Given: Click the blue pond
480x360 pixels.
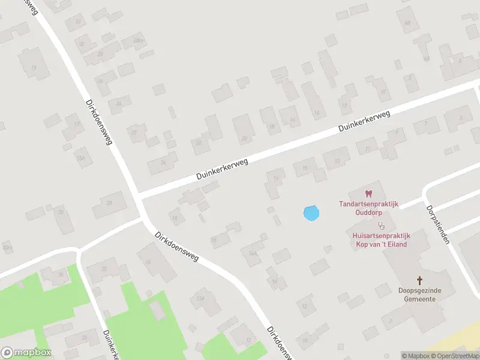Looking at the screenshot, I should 311,212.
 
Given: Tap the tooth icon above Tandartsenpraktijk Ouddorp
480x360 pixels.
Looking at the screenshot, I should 368,194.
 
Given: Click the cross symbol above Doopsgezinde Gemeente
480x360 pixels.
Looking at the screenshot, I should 419,280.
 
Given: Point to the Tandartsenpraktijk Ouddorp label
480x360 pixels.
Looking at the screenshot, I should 368,208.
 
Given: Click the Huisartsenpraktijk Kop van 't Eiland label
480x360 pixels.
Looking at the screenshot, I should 380,240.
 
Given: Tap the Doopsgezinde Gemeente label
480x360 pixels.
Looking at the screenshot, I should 419,294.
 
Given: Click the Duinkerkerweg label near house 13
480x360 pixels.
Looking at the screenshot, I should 364,121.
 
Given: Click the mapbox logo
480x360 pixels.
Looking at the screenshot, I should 26,352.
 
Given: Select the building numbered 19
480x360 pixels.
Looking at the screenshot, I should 33,67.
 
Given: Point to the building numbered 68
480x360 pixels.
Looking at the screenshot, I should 408,23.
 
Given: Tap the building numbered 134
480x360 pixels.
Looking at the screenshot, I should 201,299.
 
